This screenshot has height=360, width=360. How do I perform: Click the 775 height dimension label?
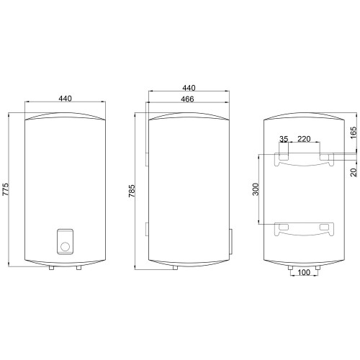pyautogui.click(x=5, y=189)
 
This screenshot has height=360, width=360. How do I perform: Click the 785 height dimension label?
pyautogui.click(x=132, y=191)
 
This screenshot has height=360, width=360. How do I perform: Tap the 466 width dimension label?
pyautogui.click(x=187, y=99)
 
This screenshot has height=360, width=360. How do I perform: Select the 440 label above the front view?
pyautogui.click(x=65, y=99)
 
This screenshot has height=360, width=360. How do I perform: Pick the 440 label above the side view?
pyautogui.click(x=189, y=88)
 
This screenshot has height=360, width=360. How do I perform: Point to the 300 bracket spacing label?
pyautogui.click(x=256, y=189)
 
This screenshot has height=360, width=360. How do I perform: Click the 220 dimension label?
pyautogui.click(x=304, y=139)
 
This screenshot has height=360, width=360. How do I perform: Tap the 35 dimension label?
pyautogui.click(x=284, y=139)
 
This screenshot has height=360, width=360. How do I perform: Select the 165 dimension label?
pyautogui.click(x=354, y=132)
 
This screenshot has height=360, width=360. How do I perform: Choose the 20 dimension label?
pyautogui.click(x=354, y=172)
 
